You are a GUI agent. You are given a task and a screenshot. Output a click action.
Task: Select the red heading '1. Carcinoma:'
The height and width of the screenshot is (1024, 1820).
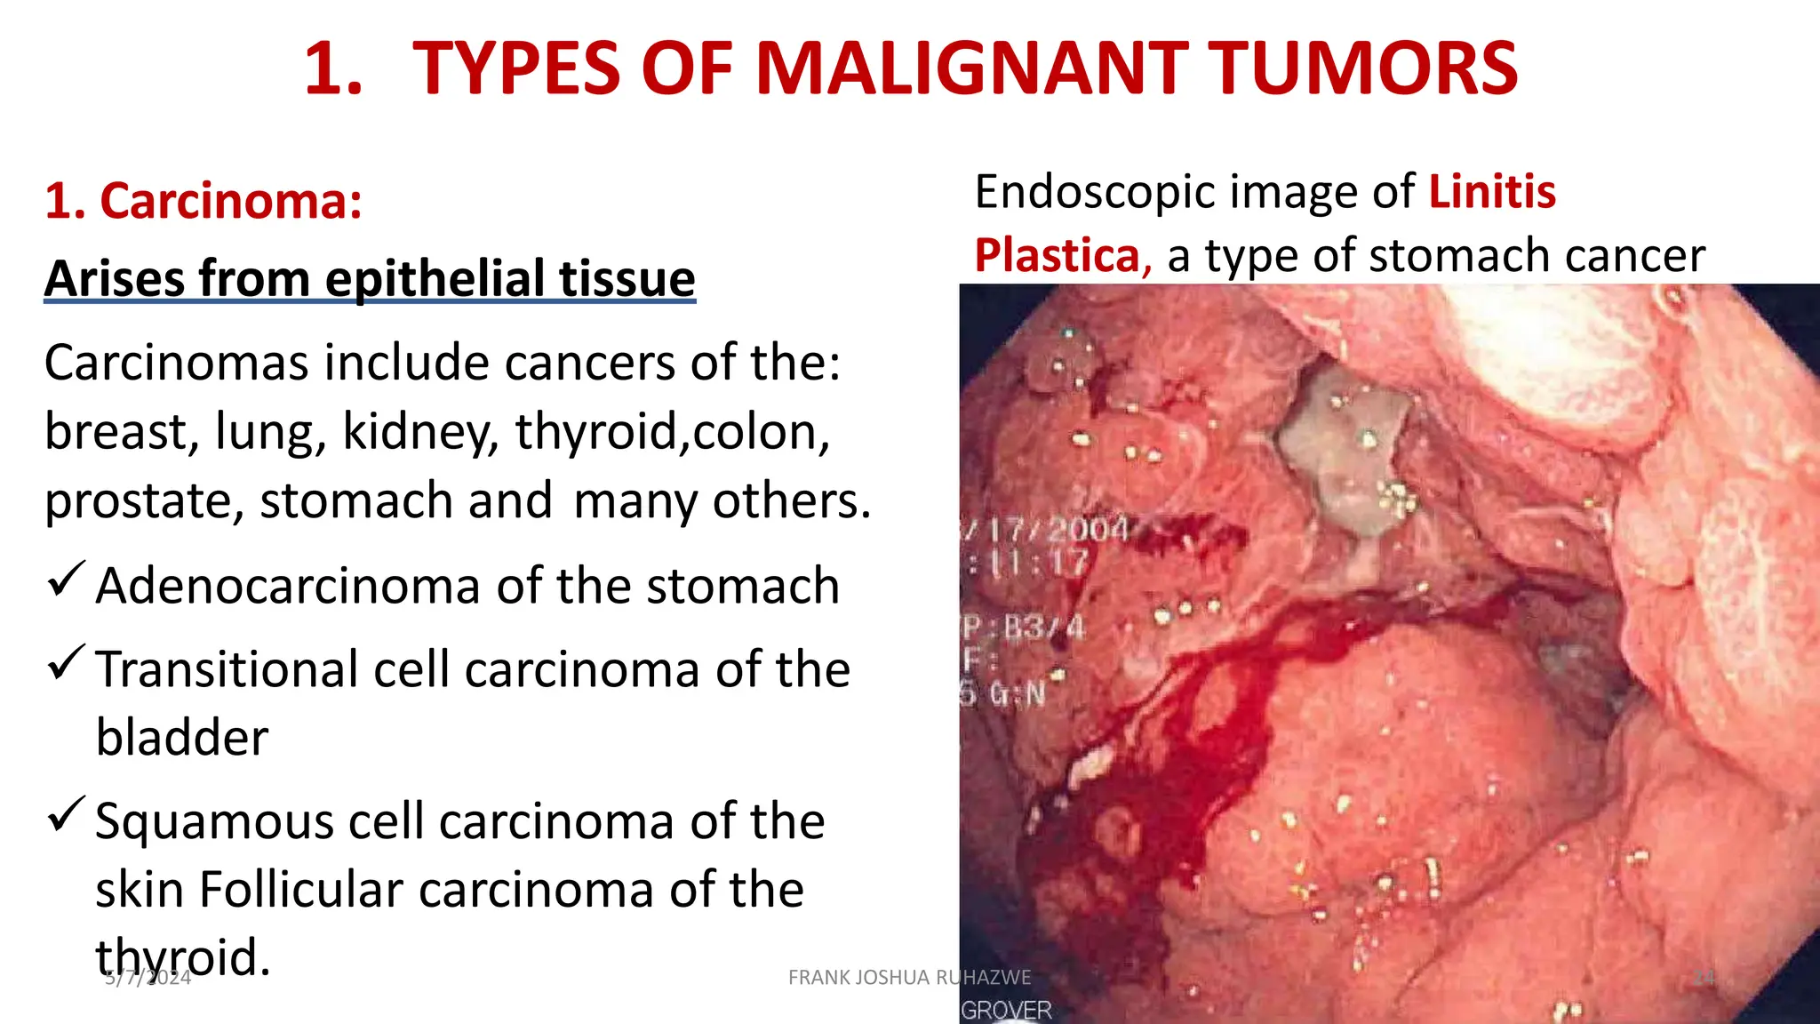pyautogui.click(x=204, y=200)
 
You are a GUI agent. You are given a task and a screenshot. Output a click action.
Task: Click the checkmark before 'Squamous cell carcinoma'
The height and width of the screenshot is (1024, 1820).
pyautogui.click(x=66, y=814)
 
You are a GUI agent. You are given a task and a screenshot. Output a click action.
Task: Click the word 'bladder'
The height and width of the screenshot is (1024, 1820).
pyautogui.click(x=182, y=738)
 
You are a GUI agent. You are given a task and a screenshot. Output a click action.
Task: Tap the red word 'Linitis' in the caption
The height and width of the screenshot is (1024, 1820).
pyautogui.click(x=1492, y=192)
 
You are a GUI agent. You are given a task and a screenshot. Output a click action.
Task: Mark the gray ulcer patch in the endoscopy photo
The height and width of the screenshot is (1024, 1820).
pyautogui.click(x=1339, y=449)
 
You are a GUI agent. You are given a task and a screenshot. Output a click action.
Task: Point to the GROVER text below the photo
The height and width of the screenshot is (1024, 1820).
pyautogui.click(x=1006, y=1010)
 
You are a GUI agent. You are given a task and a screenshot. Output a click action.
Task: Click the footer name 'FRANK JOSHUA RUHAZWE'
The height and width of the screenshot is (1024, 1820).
pyautogui.click(x=909, y=978)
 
